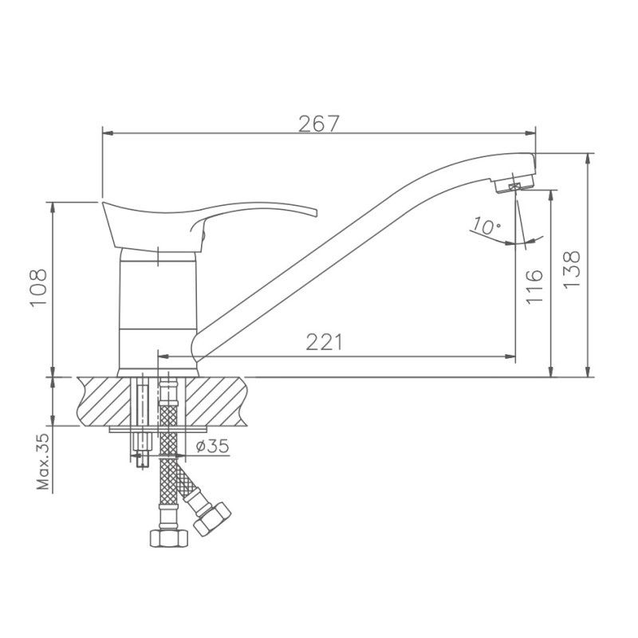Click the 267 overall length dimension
319,124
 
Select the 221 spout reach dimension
325,342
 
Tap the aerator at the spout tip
510,186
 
